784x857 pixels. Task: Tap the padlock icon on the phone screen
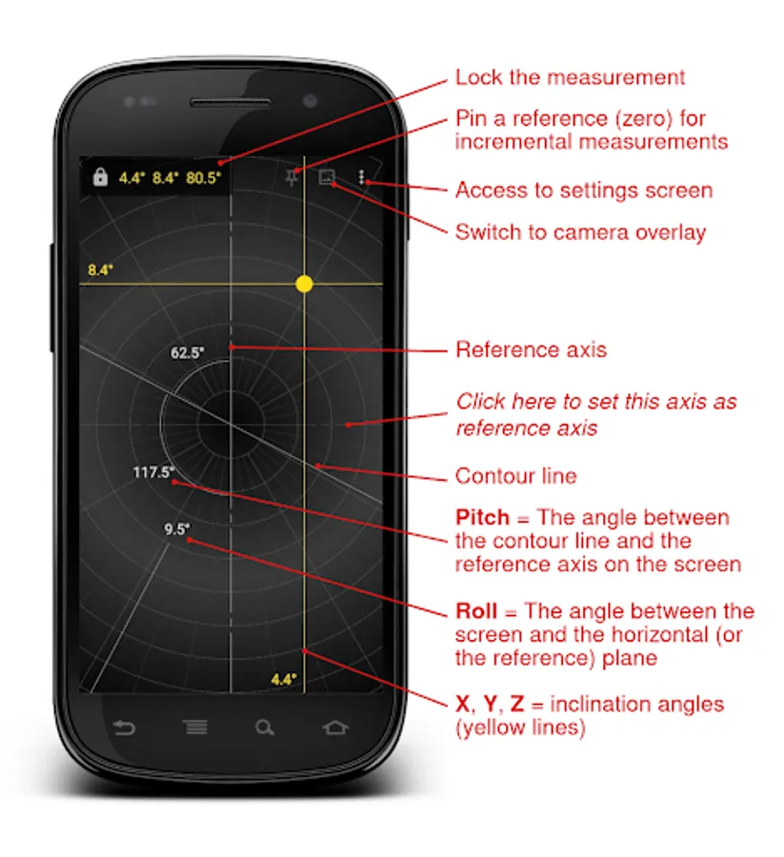pyautogui.click(x=100, y=177)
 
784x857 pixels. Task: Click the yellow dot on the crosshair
pyautogui.click(x=304, y=284)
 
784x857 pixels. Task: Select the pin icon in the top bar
pyautogui.click(x=291, y=178)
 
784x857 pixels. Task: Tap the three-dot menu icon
pyautogui.click(x=361, y=176)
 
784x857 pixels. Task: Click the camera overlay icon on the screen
pyautogui.click(x=327, y=176)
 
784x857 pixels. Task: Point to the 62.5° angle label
pyautogui.click(x=188, y=352)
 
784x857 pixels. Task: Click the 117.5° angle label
pyautogui.click(x=153, y=471)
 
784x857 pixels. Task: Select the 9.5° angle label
pyautogui.click(x=176, y=528)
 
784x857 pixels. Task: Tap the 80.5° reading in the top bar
pyautogui.click(x=203, y=178)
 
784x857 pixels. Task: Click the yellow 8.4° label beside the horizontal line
pyautogui.click(x=101, y=269)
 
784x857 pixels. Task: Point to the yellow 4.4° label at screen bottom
pyautogui.click(x=284, y=679)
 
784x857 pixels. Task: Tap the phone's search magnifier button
pyautogui.click(x=265, y=727)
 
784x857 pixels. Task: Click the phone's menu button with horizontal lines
pyautogui.click(x=195, y=727)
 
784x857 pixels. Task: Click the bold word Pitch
pyautogui.click(x=482, y=517)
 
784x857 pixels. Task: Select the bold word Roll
pyautogui.click(x=476, y=610)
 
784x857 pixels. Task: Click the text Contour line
pyautogui.click(x=515, y=476)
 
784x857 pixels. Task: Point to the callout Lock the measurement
pyautogui.click(x=570, y=77)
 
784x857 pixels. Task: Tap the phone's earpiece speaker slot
pyautogui.click(x=231, y=102)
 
